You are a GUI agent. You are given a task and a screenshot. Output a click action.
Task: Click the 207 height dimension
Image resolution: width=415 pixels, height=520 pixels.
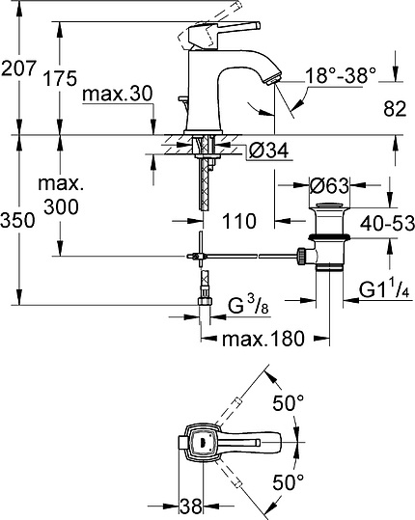[x=19, y=69]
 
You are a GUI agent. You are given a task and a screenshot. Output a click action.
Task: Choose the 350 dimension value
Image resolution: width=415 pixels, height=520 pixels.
[x=19, y=220]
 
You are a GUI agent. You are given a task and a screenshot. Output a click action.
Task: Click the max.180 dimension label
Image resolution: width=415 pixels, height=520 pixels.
[x=263, y=339]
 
